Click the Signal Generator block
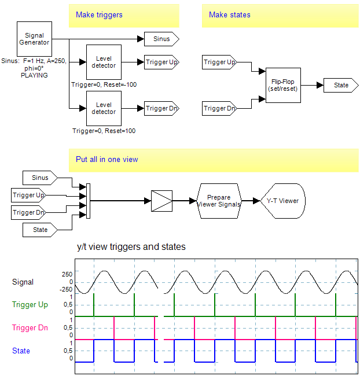(35, 39)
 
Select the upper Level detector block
(104, 62)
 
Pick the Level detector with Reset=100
(104, 108)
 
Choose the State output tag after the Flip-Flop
(341, 85)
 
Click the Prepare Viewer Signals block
(219, 201)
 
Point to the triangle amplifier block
(161, 201)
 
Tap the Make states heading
(230, 14)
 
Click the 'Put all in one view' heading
(107, 159)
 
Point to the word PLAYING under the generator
(34, 75)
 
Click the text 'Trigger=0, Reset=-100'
(104, 84)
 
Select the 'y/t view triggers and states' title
(131, 247)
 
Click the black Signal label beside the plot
(23, 282)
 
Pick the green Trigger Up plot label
(30, 305)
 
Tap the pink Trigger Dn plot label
(30, 328)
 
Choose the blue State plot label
(21, 351)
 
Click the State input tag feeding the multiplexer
(40, 230)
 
